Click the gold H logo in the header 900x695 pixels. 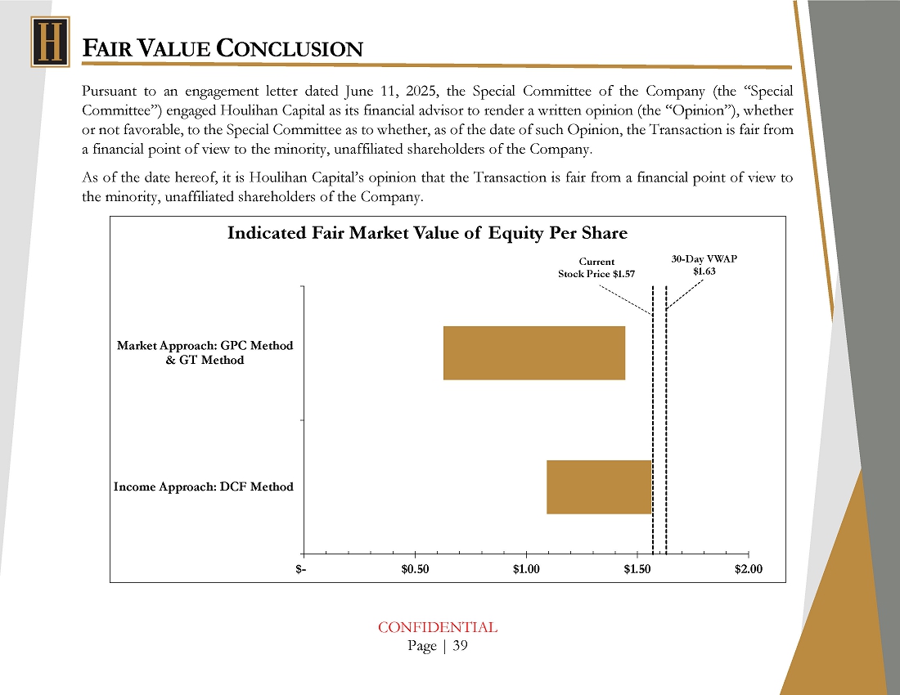click(50, 43)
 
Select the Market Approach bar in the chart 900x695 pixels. click(533, 352)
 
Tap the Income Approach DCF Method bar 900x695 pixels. click(599, 486)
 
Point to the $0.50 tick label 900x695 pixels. click(415, 570)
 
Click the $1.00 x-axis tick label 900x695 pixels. click(526, 570)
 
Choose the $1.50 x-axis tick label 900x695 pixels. click(637, 570)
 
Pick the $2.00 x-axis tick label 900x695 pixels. click(748, 570)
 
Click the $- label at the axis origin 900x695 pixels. click(302, 570)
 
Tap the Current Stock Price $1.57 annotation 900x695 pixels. click(596, 268)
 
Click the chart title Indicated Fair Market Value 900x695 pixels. click(426, 233)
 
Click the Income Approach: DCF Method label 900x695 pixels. click(203, 486)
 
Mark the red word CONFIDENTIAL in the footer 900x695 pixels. click(437, 627)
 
